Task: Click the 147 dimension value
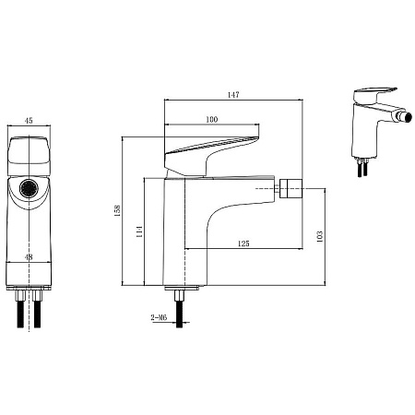tap(233, 95)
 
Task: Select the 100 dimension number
tap(211, 119)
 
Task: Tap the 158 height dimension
tap(118, 211)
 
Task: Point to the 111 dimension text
tap(139, 231)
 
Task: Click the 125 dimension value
tap(243, 243)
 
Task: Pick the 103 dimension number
tap(320, 237)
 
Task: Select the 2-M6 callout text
tap(159, 317)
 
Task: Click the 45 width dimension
tap(29, 121)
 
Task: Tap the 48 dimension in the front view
tap(29, 257)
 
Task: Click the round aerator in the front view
tap(29, 188)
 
